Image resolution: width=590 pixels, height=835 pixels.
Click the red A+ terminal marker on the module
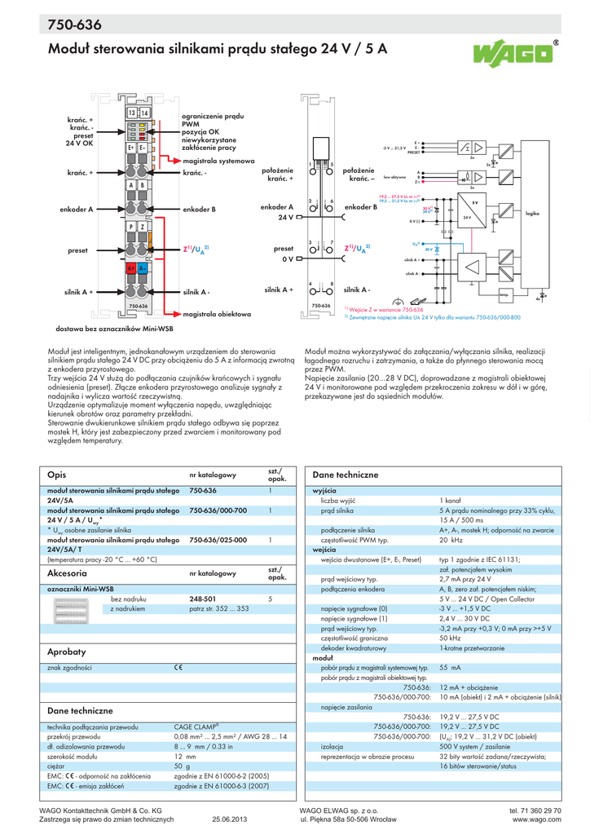[x=130, y=268]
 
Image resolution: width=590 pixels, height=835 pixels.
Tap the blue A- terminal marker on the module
[x=143, y=268]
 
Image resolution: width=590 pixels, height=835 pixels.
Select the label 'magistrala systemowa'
[x=218, y=161]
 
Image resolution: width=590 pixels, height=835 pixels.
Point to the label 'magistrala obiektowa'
[x=217, y=313]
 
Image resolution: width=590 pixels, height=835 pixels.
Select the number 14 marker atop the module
[x=145, y=112]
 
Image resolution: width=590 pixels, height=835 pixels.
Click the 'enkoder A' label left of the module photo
[x=77, y=210]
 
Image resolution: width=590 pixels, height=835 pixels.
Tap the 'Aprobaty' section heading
[x=67, y=652]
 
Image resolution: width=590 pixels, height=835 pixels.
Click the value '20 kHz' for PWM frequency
[x=451, y=540]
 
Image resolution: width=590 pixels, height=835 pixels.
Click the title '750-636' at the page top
[x=75, y=25]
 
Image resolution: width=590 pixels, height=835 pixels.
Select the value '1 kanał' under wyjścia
[x=452, y=500]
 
